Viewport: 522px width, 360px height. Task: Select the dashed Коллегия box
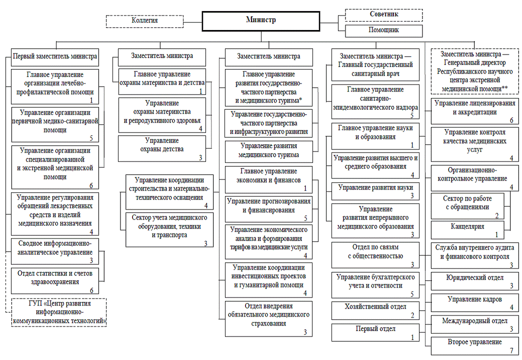[x=144, y=21]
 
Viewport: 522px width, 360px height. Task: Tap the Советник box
[x=384, y=14]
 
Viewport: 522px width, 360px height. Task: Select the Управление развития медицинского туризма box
[x=269, y=150]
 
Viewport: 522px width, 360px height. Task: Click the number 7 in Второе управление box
[x=511, y=350]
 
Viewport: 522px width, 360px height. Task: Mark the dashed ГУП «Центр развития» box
[x=59, y=312]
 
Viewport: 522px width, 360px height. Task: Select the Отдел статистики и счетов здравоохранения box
[x=55, y=279]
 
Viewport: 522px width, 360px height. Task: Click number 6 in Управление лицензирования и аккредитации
[x=511, y=120]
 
